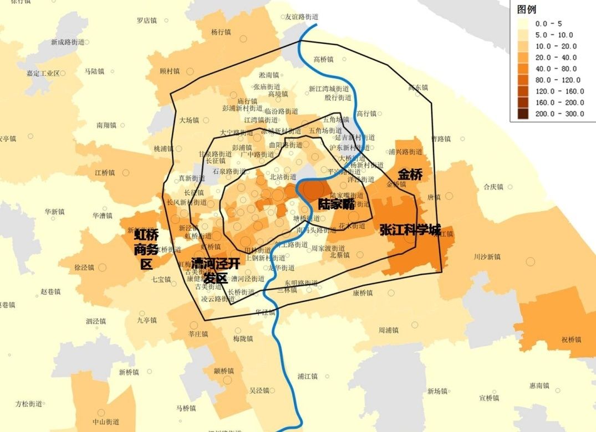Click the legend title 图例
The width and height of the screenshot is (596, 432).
(x=527, y=10)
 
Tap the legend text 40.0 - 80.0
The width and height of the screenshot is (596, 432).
(x=556, y=69)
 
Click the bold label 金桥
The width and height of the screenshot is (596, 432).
(x=410, y=174)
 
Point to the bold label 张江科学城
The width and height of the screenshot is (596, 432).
(x=410, y=230)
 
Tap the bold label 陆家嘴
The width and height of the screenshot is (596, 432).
(x=336, y=204)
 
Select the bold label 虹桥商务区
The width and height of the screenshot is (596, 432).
(x=146, y=249)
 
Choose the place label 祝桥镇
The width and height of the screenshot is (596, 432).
(x=571, y=340)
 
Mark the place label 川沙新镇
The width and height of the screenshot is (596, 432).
(x=487, y=257)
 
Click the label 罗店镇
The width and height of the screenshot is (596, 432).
(x=147, y=21)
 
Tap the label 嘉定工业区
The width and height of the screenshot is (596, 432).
(x=43, y=73)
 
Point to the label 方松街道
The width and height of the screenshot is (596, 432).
(x=29, y=404)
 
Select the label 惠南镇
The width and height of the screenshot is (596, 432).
(x=539, y=385)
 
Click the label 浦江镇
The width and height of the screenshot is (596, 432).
(x=307, y=377)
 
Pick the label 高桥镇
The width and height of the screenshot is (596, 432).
(x=323, y=59)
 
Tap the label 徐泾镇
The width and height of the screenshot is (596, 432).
(x=84, y=267)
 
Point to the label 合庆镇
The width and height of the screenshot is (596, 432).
(x=493, y=187)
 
